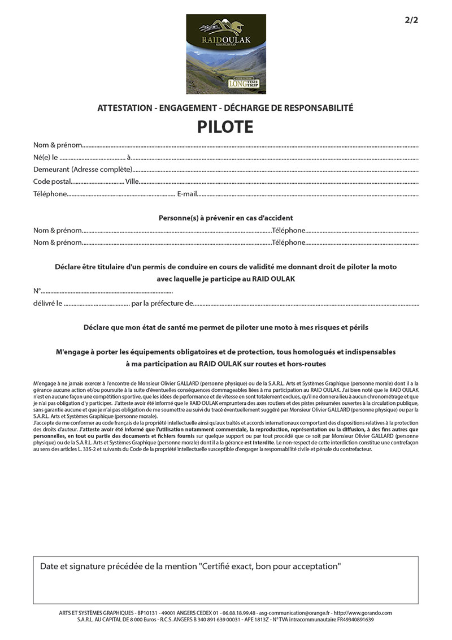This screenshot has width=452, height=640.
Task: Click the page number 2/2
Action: pos(411,20)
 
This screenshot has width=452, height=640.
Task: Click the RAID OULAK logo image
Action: pos(226,54)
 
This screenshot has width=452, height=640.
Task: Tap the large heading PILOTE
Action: pos(225,127)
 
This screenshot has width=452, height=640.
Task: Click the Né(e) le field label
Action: pos(46,157)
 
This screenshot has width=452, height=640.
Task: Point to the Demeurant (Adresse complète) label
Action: pos(82,169)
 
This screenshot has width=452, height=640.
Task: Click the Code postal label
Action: pos(52,181)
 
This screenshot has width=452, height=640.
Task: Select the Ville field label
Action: pos(132,181)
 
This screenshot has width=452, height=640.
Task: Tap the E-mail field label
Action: pos(187,194)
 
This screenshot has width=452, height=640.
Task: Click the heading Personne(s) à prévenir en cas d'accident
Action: pos(225,218)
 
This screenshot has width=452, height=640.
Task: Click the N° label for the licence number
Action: pos(37,291)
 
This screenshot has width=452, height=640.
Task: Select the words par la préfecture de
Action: pos(162,304)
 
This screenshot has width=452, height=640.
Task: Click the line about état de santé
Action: pos(225,327)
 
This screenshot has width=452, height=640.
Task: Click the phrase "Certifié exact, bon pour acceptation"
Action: pos(270,566)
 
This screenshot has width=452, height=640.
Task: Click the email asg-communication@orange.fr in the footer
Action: pos(297,613)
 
